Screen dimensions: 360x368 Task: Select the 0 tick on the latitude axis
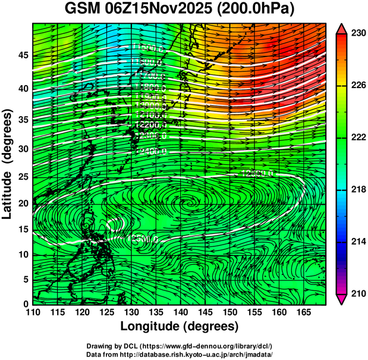pyautogui.click(x=25, y=304)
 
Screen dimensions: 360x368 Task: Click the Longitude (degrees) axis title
pyautogui.click(x=180, y=327)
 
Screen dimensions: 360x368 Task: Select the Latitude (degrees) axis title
pyautogui.click(x=8, y=164)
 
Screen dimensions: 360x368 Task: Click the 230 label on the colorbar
pyautogui.click(x=357, y=34)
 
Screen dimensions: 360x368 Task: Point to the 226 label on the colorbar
pyautogui.click(x=357, y=86)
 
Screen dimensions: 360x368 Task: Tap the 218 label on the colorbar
pyautogui.click(x=357, y=190)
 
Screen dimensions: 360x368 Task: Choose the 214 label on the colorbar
pyautogui.click(x=357, y=242)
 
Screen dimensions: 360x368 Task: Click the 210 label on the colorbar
pyautogui.click(x=357, y=293)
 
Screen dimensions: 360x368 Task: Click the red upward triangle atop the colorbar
pyautogui.click(x=341, y=29)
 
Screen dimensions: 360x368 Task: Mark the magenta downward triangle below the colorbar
pyautogui.click(x=341, y=299)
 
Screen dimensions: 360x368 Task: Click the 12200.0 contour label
pyautogui.click(x=152, y=126)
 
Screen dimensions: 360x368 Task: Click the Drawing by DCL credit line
pyautogui.click(x=180, y=346)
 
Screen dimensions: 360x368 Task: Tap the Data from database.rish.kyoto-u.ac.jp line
pyautogui.click(x=180, y=354)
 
